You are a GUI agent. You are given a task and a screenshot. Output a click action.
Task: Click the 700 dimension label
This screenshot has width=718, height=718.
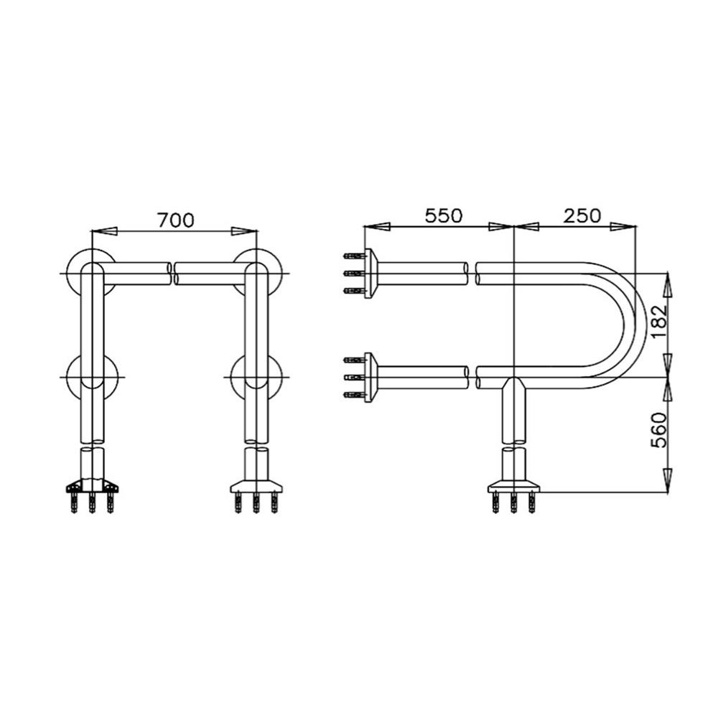[x=176, y=220]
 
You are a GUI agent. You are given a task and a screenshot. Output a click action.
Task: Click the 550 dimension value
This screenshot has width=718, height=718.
[x=444, y=215]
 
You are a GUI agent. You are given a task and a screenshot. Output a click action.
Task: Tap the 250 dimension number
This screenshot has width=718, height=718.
[x=582, y=215]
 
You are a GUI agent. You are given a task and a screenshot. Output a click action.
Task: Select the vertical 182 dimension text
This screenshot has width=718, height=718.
[x=658, y=321]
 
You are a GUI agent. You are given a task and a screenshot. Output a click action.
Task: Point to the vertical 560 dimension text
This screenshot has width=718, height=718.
[x=658, y=430]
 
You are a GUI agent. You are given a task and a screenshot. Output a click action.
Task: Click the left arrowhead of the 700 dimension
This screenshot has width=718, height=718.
[x=104, y=231]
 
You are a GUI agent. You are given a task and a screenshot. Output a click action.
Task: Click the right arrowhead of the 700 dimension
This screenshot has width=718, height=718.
[x=245, y=231]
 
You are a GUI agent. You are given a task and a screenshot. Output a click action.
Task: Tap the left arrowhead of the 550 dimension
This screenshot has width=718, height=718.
[x=377, y=226]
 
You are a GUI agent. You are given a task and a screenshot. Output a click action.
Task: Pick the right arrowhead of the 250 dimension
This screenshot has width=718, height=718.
[x=623, y=226]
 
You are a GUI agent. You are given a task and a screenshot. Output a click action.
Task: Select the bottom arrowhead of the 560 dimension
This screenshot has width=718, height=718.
[x=668, y=480]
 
